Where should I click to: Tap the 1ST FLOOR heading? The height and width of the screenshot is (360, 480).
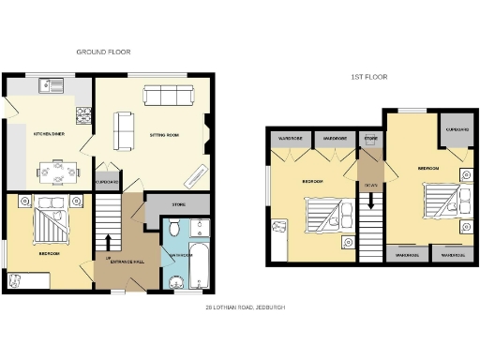click(368, 77)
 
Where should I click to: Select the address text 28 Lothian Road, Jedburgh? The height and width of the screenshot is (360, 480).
click(246, 307)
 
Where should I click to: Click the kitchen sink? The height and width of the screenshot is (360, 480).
click(51, 86)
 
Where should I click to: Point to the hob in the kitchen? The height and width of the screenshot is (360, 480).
click(83, 114)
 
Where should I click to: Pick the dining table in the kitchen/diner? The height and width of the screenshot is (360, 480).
click(56, 172)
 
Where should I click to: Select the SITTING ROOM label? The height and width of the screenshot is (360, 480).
click(165, 134)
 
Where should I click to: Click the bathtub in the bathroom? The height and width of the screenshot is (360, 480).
click(199, 267)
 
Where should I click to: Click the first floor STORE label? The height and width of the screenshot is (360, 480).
click(370, 140)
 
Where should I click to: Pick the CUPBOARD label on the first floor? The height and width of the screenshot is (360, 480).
click(457, 129)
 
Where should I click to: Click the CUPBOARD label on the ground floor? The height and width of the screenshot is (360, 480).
click(108, 181)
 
